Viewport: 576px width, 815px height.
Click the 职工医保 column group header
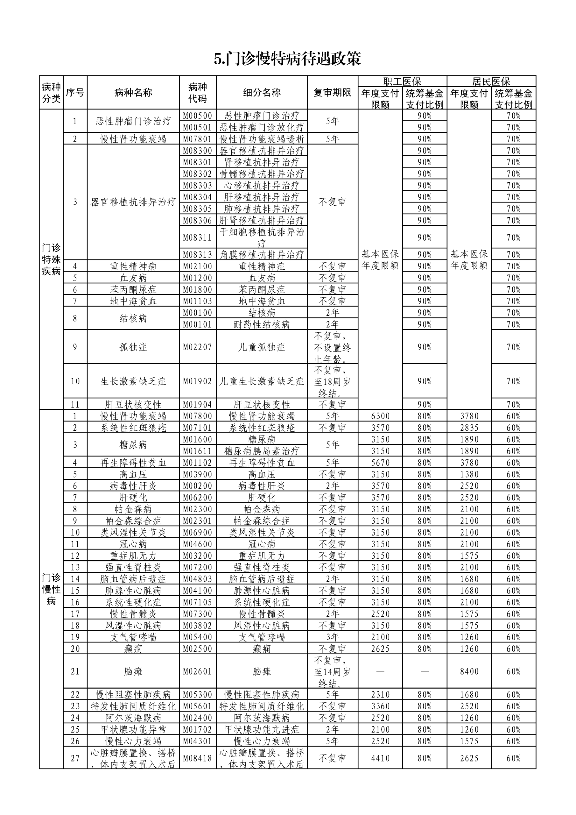tap(402, 81)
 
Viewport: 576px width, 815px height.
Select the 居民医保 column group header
tap(491, 81)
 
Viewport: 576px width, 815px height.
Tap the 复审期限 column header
tap(332, 93)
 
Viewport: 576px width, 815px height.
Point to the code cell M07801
tap(198, 139)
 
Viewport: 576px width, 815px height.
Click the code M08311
tap(198, 237)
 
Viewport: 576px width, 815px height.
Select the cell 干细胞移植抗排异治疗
tap(262, 237)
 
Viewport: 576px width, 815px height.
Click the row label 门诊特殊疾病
tap(51, 259)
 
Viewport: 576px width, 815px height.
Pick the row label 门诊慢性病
tap(51, 589)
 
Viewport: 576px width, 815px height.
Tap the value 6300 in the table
tap(380, 416)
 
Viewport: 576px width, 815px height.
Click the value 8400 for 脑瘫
tap(469, 671)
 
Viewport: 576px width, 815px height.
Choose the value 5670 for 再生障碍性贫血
tap(380, 463)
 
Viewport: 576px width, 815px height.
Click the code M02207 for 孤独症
tap(198, 347)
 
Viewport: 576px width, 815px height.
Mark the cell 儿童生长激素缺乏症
tap(262, 381)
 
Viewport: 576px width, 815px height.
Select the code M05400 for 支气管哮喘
tap(198, 637)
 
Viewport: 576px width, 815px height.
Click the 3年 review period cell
tap(332, 637)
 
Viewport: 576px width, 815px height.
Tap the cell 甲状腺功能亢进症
tap(262, 729)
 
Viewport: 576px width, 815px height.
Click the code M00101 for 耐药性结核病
tap(198, 324)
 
